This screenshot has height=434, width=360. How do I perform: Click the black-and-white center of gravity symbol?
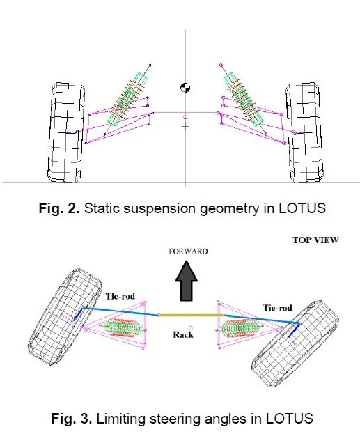pyautogui.click(x=185, y=88)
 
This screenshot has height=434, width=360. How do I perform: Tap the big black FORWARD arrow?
pyautogui.click(x=187, y=281)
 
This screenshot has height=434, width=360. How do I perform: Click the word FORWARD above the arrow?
pyautogui.click(x=188, y=251)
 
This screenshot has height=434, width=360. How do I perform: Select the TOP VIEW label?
pyautogui.click(x=315, y=240)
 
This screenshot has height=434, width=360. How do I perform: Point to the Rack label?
pyautogui.click(x=183, y=334)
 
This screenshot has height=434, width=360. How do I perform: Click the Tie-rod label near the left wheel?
pyautogui.click(x=120, y=297)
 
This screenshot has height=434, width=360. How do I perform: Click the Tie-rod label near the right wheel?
pyautogui.click(x=278, y=308)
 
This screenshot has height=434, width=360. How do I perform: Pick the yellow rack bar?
pyautogui.click(x=191, y=315)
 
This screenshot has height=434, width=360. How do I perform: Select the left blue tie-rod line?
pyautogui.click(x=121, y=311)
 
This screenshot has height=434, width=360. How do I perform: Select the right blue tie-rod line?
pyautogui.click(x=261, y=319)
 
